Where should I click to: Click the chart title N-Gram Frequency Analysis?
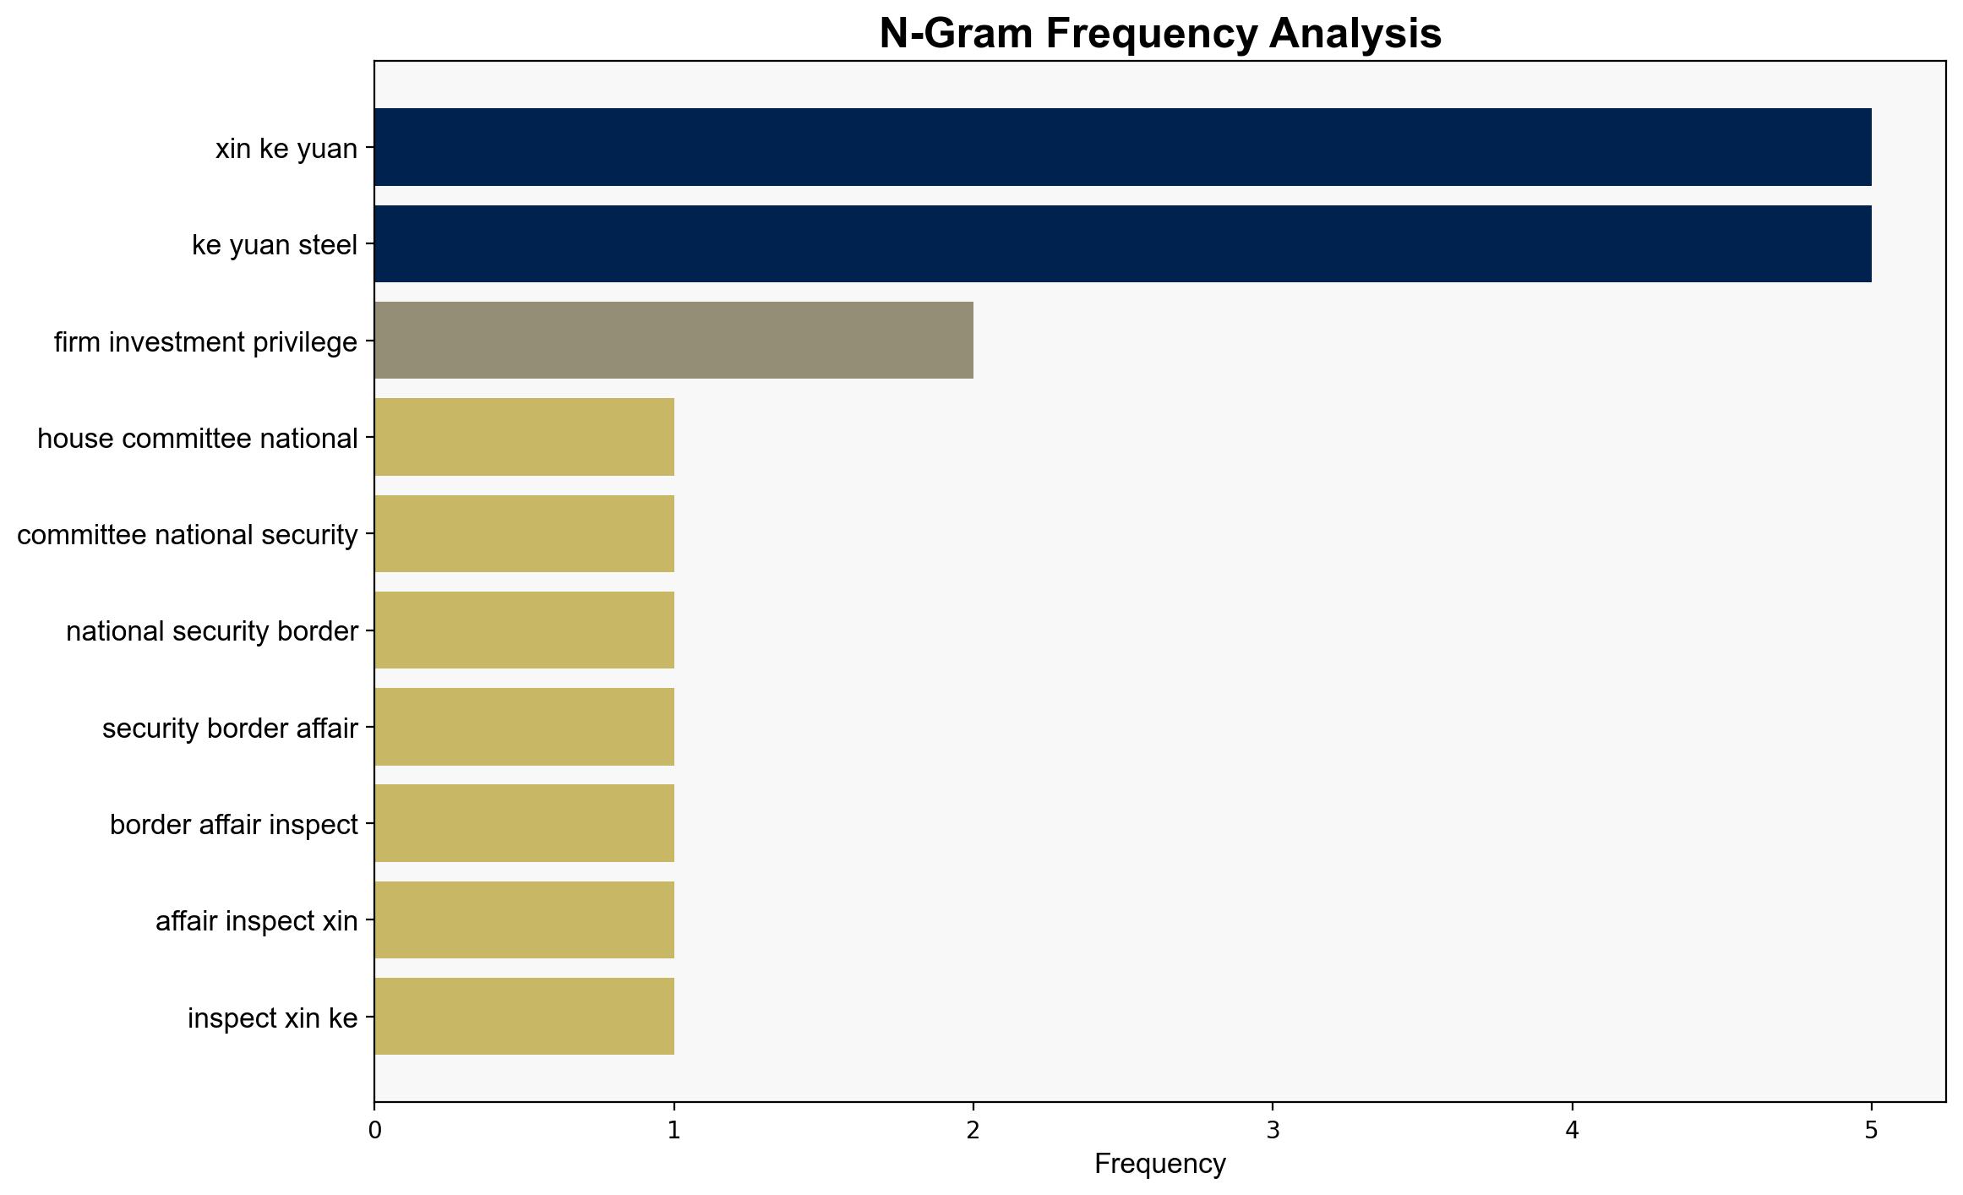click(1160, 34)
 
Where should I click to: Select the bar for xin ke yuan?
click(1123, 147)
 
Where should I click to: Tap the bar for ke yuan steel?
click(1123, 244)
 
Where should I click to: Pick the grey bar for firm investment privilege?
click(674, 341)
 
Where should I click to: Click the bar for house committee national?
click(525, 437)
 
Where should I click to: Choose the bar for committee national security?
click(525, 534)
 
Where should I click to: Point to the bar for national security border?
click(525, 630)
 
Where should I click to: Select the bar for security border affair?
click(525, 727)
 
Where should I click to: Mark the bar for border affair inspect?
click(525, 823)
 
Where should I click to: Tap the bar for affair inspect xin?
click(525, 920)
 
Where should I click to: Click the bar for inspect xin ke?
click(525, 1017)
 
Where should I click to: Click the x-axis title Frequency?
click(1160, 1165)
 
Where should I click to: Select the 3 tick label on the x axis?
click(1273, 1130)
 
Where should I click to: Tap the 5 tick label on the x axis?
click(1872, 1130)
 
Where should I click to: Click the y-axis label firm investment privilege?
click(206, 342)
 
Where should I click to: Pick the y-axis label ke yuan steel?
click(275, 246)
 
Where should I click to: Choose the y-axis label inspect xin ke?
click(273, 1018)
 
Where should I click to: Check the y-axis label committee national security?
click(188, 536)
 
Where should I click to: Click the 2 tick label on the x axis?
click(973, 1130)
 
